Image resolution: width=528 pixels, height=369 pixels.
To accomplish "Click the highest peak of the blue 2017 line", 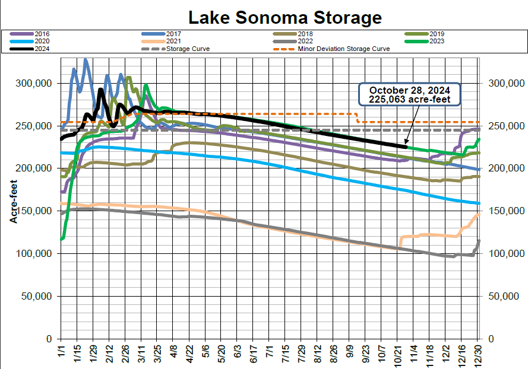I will coord(86,59).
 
